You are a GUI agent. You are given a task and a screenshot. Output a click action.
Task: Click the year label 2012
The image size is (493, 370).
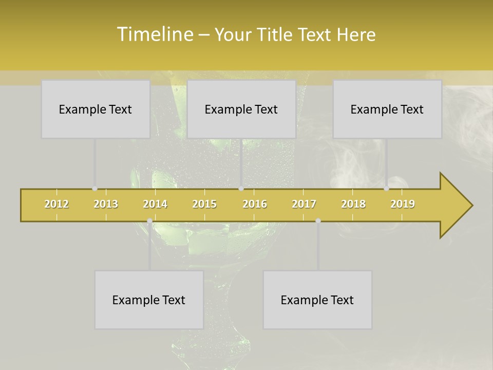[56, 204]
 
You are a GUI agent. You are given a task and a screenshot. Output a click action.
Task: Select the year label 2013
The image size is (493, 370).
[106, 204]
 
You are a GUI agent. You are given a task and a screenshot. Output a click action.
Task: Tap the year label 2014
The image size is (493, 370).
[155, 204]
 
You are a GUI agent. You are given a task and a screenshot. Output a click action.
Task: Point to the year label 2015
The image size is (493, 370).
[204, 204]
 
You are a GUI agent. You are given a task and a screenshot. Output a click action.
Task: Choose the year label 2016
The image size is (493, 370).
[255, 204]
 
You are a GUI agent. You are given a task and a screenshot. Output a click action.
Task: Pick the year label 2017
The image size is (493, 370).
[304, 204]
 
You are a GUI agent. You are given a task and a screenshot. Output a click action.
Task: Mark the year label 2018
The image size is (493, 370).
[353, 204]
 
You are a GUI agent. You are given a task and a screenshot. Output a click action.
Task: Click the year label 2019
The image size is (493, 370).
[403, 204]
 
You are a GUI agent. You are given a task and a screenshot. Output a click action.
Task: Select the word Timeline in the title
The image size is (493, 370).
[155, 34]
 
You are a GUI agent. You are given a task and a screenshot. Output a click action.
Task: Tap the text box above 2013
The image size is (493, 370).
[96, 109]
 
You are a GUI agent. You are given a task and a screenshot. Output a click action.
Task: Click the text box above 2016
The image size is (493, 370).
[241, 109]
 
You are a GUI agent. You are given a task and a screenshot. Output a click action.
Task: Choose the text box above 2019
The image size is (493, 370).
[387, 109]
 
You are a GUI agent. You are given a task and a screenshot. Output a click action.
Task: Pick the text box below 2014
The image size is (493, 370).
[149, 300]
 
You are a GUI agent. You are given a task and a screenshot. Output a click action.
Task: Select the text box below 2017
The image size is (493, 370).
[317, 300]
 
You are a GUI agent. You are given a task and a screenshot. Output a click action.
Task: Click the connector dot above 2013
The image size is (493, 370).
[94, 189]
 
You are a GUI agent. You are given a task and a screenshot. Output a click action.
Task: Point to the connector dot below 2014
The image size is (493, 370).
[149, 221]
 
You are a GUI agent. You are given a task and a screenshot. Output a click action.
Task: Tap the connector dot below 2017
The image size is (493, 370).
[318, 221]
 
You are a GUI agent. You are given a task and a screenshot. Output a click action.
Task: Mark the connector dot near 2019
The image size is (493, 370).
[386, 189]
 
